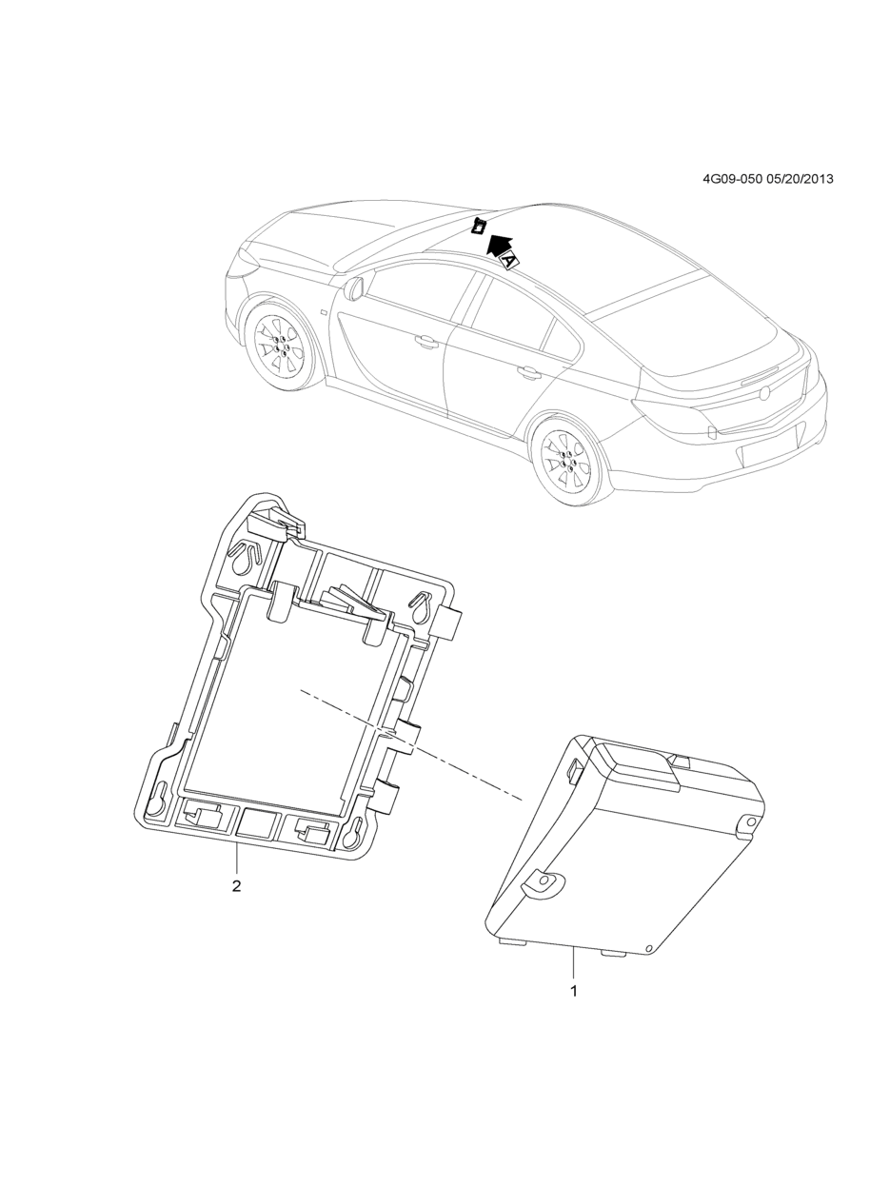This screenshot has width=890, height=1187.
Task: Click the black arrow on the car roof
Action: pos(499,246)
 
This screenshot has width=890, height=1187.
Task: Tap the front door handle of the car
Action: pos(426,340)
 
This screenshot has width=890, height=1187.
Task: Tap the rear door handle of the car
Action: pos(526,371)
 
